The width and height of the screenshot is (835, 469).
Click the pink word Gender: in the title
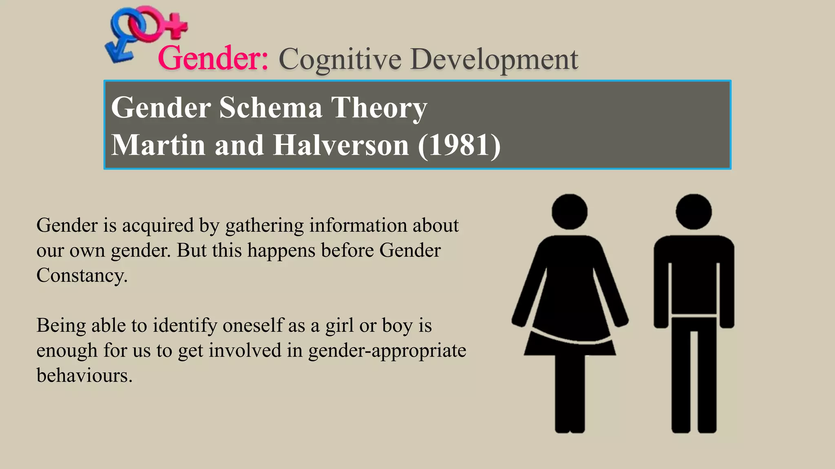pyautogui.click(x=213, y=58)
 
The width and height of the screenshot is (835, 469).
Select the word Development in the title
pyautogui.click(x=494, y=59)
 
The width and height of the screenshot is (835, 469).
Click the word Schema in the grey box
pyautogui.click(x=270, y=107)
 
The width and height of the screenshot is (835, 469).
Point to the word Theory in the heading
pyautogui.click(x=379, y=107)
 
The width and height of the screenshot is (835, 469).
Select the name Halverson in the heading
pyautogui.click(x=341, y=145)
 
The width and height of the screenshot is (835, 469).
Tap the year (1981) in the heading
pyautogui.click(x=459, y=145)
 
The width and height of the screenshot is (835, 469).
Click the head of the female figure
pyautogui.click(x=569, y=212)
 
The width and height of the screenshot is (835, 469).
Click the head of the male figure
pyautogui.click(x=694, y=212)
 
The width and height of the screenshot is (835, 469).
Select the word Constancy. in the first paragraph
pyautogui.click(x=82, y=275)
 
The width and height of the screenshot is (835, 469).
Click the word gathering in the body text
pyautogui.click(x=264, y=226)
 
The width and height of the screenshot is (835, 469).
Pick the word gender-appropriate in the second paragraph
pyautogui.click(x=387, y=351)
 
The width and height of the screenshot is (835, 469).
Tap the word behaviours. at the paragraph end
pyautogui.click(x=84, y=375)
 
